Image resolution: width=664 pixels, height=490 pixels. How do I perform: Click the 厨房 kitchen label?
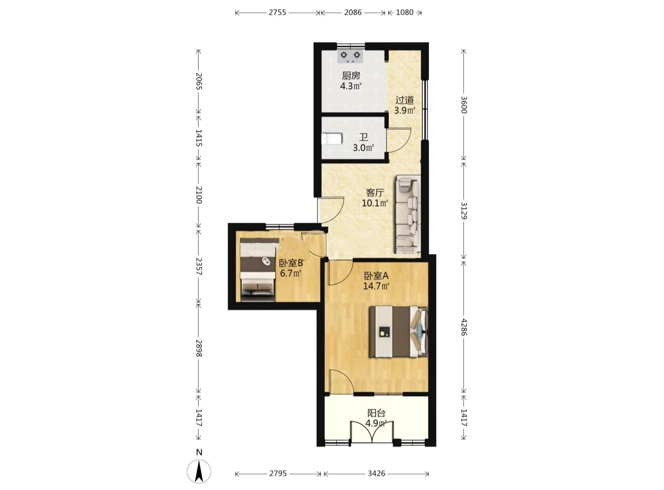(x=351, y=76)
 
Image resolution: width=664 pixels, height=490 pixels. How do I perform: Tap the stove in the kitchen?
(x=350, y=56)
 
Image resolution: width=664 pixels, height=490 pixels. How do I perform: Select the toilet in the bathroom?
(x=332, y=139)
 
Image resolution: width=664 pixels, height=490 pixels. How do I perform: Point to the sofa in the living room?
(x=408, y=215)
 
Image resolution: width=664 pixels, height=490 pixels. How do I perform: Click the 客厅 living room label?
(x=375, y=192)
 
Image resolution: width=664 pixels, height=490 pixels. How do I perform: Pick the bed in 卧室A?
(x=398, y=331)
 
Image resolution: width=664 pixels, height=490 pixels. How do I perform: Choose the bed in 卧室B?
(x=258, y=269)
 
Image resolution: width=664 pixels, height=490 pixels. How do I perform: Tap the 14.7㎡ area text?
(x=376, y=286)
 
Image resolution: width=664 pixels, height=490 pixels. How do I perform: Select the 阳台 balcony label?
(x=376, y=413)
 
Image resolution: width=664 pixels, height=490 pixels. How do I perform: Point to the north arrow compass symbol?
(x=199, y=472)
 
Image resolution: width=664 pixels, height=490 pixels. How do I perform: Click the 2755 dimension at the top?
(x=277, y=12)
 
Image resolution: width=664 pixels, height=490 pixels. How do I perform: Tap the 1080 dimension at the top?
(x=405, y=12)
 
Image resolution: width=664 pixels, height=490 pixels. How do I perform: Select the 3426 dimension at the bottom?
(x=376, y=473)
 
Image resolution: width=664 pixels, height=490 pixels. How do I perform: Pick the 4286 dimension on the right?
(x=463, y=327)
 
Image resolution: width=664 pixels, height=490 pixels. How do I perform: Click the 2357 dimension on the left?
(x=199, y=266)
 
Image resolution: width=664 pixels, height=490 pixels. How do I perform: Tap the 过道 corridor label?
(x=404, y=100)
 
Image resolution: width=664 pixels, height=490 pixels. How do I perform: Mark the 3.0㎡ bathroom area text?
(x=363, y=148)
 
